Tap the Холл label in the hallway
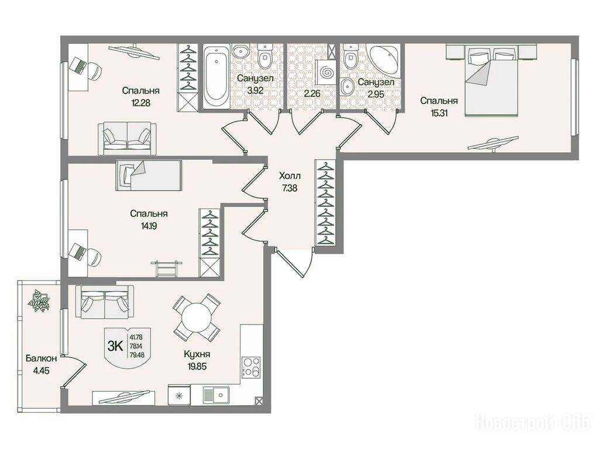click(290, 176)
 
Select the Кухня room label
click(197, 354)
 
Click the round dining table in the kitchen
click(197, 317)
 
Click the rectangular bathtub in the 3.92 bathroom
click(216, 77)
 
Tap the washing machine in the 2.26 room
click(326, 72)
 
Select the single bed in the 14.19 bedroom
click(148, 175)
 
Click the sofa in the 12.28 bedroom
click(127, 139)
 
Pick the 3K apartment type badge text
click(115, 346)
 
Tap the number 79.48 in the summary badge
click(136, 355)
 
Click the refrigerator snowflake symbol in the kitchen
click(178, 396)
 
